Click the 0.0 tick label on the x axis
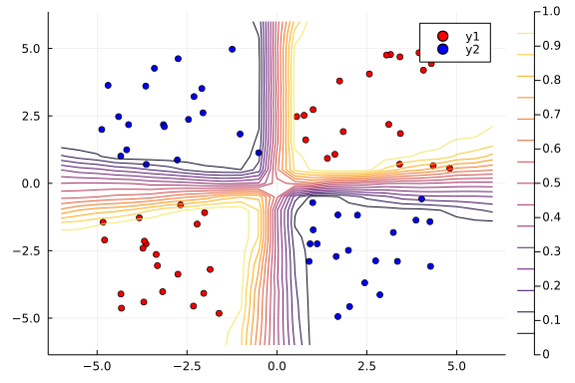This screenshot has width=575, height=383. (277, 366)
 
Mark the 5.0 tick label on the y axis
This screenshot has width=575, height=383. (30, 48)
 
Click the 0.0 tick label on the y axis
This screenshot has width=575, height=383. (30, 184)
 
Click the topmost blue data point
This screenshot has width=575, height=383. (232, 49)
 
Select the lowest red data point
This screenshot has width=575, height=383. (219, 313)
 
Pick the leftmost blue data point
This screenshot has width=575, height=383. (102, 130)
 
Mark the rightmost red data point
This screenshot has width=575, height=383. (449, 169)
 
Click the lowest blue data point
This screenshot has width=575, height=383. (337, 316)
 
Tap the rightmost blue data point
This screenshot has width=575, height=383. (430, 266)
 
